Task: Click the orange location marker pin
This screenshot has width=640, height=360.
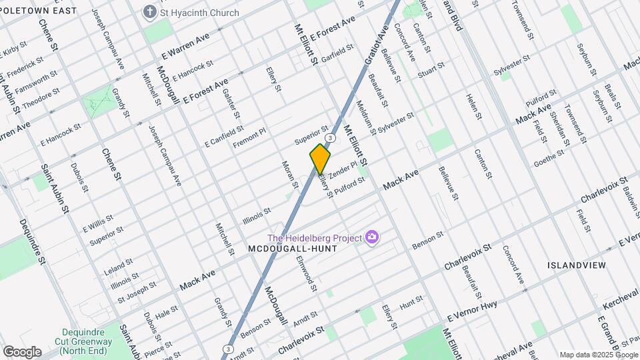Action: click(x=320, y=159)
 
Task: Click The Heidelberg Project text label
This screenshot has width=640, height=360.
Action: click(x=314, y=238)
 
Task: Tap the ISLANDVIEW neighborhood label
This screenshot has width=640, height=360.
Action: click(x=576, y=265)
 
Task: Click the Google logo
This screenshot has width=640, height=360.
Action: click(x=22, y=351)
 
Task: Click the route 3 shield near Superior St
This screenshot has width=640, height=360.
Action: click(x=330, y=137)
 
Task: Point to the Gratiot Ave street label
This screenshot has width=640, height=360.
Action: click(x=376, y=45)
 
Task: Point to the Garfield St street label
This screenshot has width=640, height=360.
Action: click(x=337, y=53)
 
